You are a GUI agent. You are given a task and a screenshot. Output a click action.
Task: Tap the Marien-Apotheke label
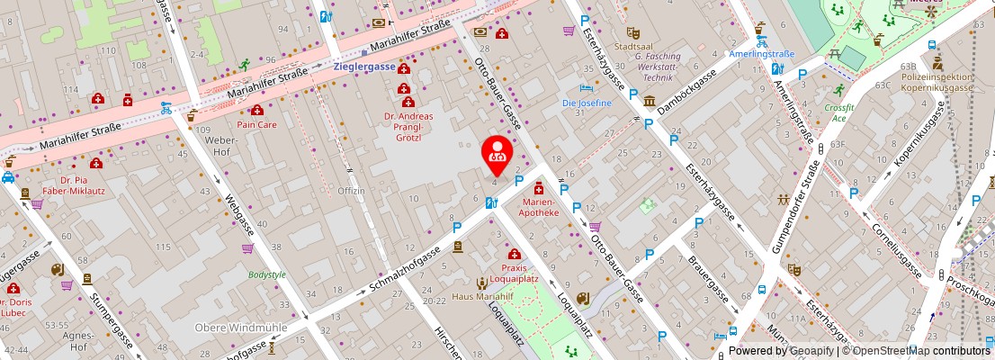541,208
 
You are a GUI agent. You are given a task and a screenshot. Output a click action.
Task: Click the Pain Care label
256,125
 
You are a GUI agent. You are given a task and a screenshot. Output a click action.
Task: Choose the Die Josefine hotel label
587,103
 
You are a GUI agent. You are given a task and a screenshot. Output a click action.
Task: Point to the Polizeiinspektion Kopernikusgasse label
937,82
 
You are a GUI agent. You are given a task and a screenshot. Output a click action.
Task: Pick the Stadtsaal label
630,45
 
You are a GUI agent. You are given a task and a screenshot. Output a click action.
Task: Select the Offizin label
351,191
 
